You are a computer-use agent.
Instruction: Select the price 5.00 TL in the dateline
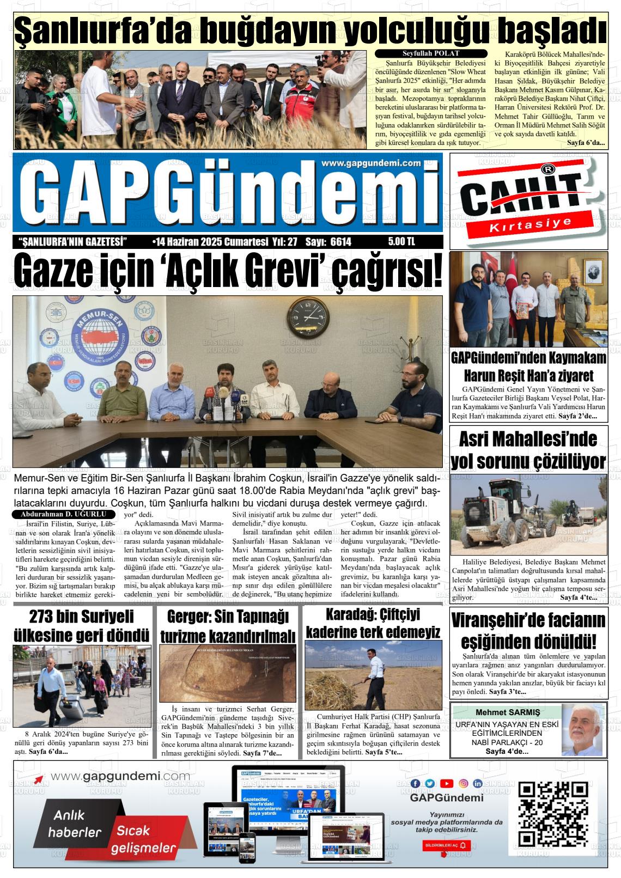[x=401, y=242]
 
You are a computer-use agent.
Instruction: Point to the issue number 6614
[x=339, y=242]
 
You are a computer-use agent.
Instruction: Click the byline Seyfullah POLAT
[x=430, y=53]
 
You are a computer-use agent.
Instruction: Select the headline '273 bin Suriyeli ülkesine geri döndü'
[x=82, y=625]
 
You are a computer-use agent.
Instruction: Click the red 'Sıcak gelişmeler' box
[x=144, y=839]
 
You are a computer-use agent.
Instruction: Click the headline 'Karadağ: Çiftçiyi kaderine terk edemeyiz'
[x=373, y=623]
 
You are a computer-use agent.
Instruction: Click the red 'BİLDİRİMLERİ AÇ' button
[x=447, y=845]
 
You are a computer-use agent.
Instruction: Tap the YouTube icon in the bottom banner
[x=446, y=783]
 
